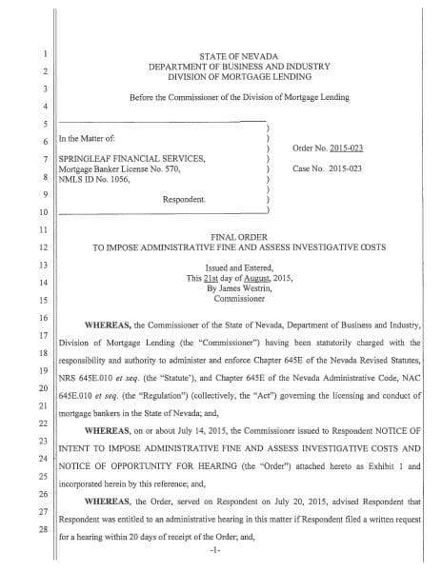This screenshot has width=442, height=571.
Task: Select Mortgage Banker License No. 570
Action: [121, 168]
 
